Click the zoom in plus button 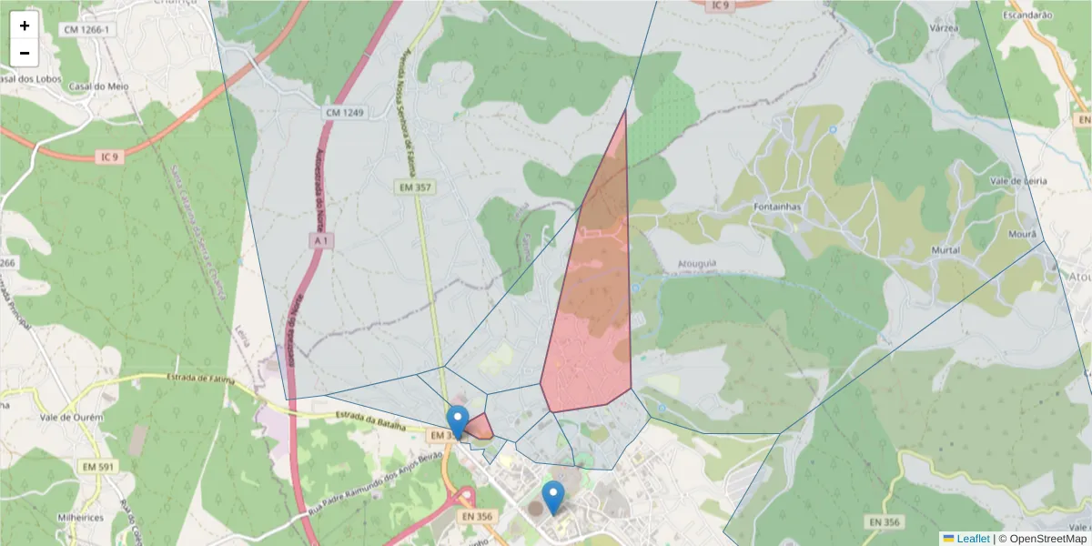click(25, 25)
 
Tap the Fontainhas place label click(776, 207)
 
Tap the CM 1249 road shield click(344, 113)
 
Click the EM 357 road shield click(414, 187)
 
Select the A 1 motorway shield click(319, 240)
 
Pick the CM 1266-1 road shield click(87, 30)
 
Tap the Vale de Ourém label click(72, 418)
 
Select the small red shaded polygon click(480, 428)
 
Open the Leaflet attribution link click(973, 539)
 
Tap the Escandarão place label click(1027, 15)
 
